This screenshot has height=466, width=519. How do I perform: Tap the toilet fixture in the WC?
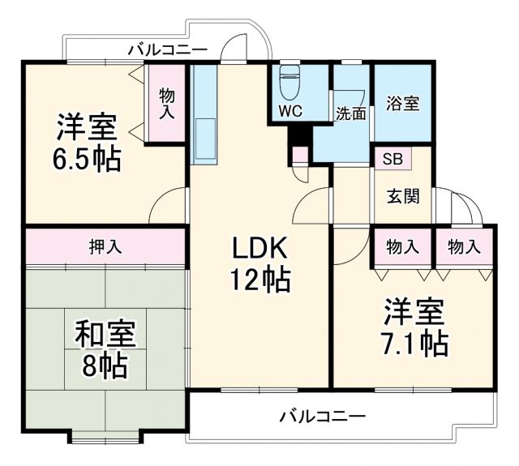point(290,82)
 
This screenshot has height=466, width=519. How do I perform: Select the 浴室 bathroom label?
point(402,104)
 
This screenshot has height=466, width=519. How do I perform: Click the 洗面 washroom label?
point(351,113)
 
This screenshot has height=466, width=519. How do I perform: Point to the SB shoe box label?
point(392,158)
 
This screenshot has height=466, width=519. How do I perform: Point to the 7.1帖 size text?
point(414,343)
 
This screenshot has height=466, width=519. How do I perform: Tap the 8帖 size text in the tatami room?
point(105,366)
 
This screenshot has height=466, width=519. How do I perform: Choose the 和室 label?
point(105,333)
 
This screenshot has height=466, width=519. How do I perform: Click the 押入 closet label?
point(105,247)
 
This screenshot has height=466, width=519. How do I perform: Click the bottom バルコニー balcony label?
point(323,417)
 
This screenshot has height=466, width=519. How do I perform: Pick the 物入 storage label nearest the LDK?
point(402,247)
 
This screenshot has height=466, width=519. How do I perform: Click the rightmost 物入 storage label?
point(464,247)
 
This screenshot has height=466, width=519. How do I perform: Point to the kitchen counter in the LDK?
point(204,113)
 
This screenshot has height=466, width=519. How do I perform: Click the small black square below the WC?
point(298,134)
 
